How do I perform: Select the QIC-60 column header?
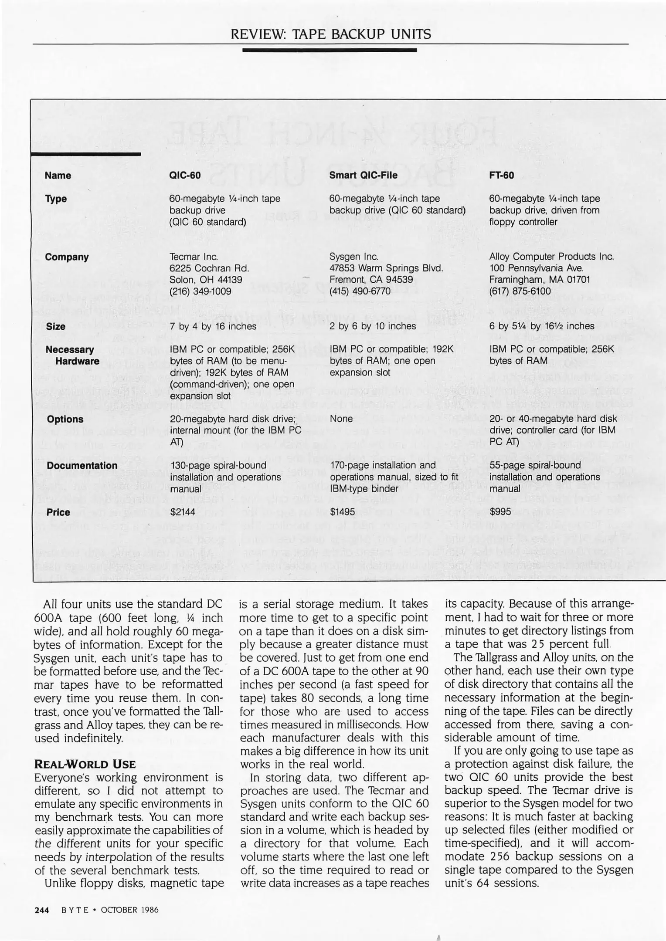[185, 176]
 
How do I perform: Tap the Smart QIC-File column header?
[363, 175]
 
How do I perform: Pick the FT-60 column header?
[501, 175]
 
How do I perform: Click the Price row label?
[58, 512]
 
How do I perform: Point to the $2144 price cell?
[183, 512]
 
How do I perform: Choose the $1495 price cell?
[342, 512]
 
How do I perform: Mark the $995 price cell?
[500, 512]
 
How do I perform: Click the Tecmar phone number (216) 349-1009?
[200, 291]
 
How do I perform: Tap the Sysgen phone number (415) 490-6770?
[360, 291]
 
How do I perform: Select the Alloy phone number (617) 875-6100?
[520, 291]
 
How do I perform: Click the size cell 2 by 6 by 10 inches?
[373, 326]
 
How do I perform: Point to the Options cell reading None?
[341, 419]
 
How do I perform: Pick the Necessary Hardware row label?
[72, 355]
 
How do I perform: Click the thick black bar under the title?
[330, 51]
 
